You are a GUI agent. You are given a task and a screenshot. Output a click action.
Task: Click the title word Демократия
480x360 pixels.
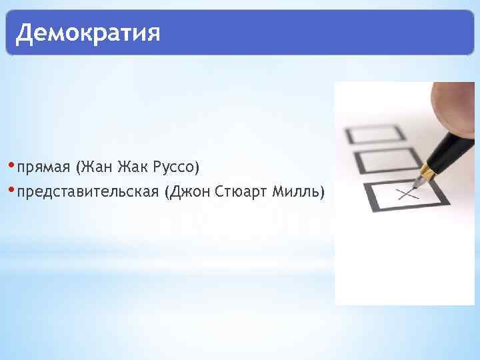[x=88, y=32]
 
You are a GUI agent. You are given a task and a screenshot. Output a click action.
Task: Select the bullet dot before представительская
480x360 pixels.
[x=13, y=192]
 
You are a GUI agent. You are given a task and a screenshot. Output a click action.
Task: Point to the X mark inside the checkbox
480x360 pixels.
[x=406, y=194]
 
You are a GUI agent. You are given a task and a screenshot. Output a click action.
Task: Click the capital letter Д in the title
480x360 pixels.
[x=25, y=32]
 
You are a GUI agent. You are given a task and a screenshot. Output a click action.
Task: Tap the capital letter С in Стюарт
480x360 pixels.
[x=219, y=193]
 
